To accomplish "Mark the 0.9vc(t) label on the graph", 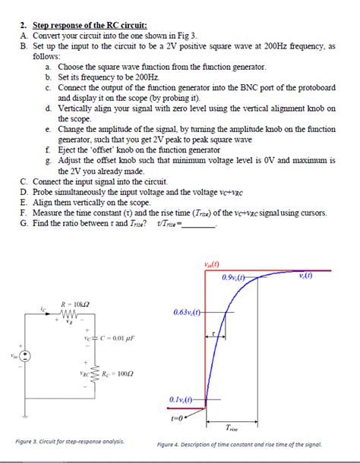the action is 236,279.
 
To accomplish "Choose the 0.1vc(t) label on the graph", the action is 184,399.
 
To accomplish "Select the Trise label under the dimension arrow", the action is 233,429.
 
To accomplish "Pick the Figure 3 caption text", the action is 70,442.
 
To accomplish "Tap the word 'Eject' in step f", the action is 71,150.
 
